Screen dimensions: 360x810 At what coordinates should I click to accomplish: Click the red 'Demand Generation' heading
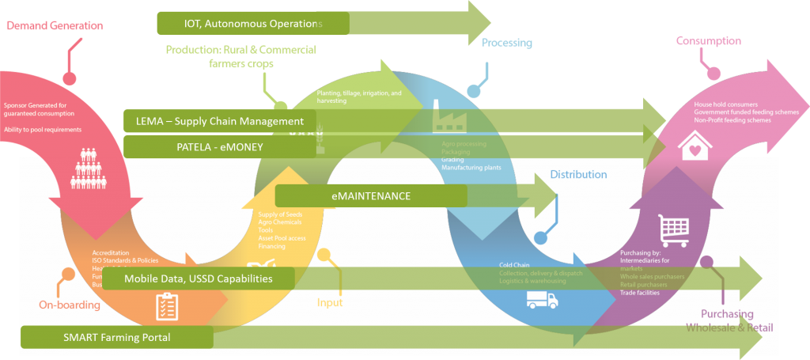point(55,25)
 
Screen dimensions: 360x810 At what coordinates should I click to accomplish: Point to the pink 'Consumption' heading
point(708,41)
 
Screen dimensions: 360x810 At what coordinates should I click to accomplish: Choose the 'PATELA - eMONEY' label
point(220,146)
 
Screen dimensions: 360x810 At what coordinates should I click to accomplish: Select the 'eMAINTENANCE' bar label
point(365,196)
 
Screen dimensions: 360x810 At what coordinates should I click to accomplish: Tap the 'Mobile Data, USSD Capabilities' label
point(199,279)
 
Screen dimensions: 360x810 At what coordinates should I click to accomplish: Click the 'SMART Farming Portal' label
point(116,337)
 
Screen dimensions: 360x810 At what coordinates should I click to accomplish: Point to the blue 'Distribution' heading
point(578,174)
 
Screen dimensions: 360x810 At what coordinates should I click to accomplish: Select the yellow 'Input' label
point(330,303)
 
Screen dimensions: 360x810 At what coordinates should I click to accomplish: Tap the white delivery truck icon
point(542,300)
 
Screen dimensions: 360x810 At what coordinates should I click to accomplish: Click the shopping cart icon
point(673,230)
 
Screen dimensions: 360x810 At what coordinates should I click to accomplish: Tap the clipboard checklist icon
point(166,306)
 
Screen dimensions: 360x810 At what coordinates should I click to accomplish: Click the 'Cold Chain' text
point(514,265)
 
